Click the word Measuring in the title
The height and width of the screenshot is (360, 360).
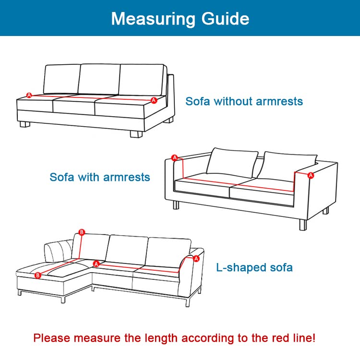(153, 19)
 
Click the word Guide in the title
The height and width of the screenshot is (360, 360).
(226, 18)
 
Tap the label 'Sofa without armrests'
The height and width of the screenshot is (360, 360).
(244, 101)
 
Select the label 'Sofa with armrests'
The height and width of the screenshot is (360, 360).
(100, 177)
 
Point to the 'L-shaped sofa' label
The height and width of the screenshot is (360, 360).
(254, 267)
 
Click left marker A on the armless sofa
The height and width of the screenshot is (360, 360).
(29, 95)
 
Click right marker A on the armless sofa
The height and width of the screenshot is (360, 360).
(154, 100)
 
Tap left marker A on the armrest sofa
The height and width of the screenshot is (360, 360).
(175, 158)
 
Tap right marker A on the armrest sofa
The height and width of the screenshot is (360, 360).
(311, 175)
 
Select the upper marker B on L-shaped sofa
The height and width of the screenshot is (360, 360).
(82, 232)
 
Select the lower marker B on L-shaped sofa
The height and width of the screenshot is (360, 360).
(37, 275)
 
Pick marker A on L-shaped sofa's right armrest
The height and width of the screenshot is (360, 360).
(196, 259)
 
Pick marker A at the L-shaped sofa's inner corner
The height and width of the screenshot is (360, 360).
(96, 264)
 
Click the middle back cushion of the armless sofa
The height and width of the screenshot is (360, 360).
(99, 79)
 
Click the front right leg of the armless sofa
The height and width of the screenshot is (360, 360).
(136, 134)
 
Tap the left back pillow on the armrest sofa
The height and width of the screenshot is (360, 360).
(232, 163)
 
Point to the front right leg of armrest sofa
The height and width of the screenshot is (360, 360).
(303, 225)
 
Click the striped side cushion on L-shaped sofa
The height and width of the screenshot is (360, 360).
(59, 251)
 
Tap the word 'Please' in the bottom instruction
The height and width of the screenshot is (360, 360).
(52, 338)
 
